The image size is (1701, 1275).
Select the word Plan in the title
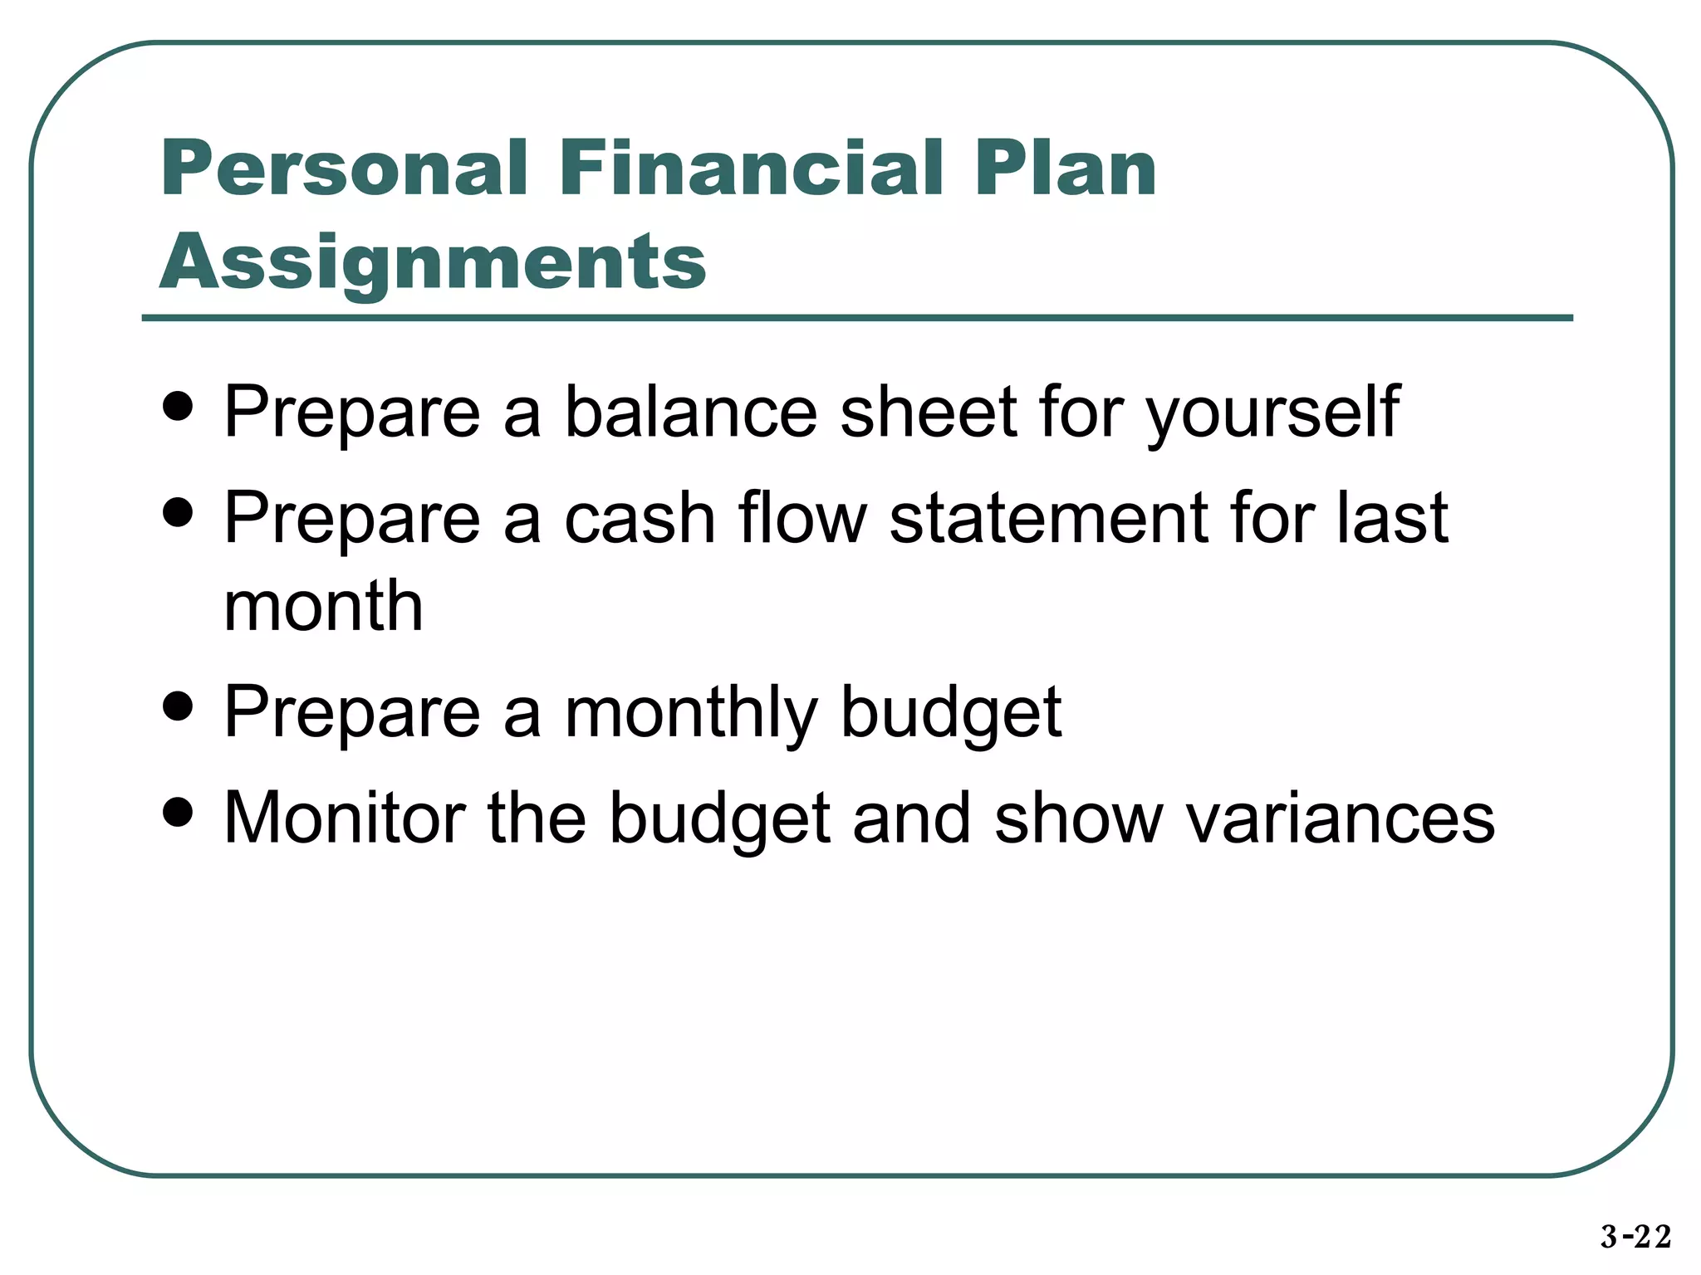click(x=1066, y=169)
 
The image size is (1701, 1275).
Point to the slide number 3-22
click(x=1635, y=1237)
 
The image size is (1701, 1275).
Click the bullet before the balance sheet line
click(x=178, y=408)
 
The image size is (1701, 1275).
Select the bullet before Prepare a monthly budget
click(x=178, y=707)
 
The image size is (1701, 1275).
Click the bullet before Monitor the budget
click(x=178, y=813)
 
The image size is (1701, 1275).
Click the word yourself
click(x=1273, y=413)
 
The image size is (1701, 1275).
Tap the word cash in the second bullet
click(x=640, y=518)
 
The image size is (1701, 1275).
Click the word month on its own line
click(x=324, y=606)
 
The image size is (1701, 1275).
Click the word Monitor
click(x=345, y=818)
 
